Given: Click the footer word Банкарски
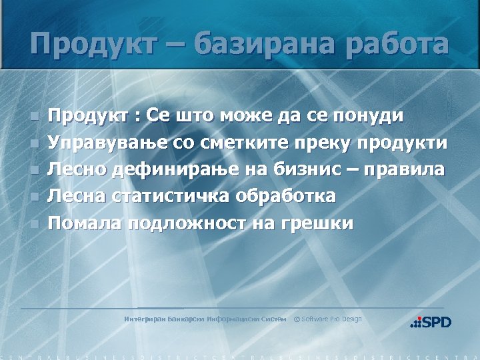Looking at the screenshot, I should coord(186,319).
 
